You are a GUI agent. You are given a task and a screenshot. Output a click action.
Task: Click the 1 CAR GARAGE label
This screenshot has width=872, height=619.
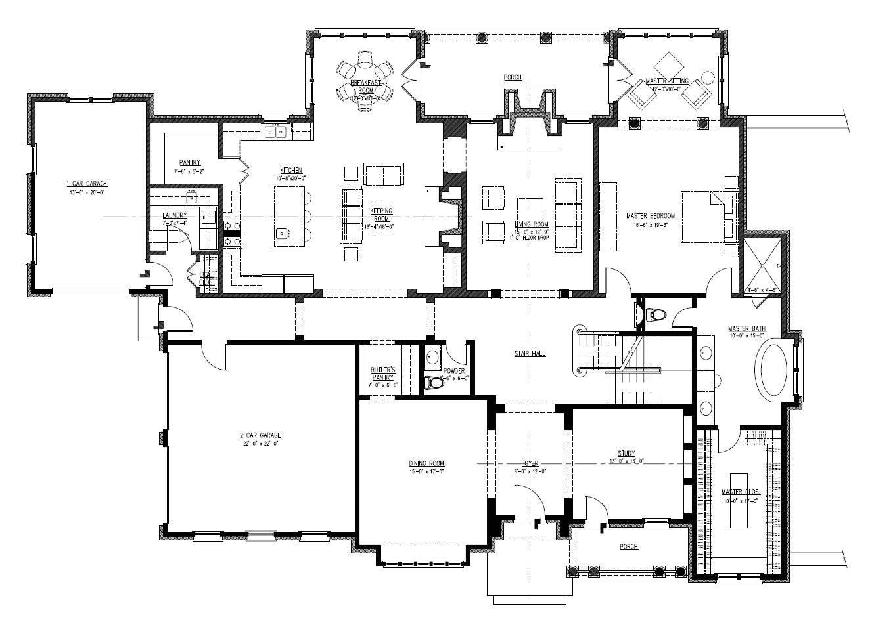pos(86,183)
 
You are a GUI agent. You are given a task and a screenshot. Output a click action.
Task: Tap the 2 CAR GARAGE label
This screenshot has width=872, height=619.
pos(260,435)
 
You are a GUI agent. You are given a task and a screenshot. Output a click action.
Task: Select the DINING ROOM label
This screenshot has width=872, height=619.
pos(426,463)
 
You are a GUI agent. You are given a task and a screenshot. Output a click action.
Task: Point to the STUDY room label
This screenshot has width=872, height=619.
pos(626,454)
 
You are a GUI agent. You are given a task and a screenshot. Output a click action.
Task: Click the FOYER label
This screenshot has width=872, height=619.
pos(530,463)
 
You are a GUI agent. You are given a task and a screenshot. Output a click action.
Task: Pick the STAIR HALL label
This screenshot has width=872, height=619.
pos(530,354)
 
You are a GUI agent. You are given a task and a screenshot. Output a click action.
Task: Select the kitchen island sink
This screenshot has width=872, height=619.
pos(281,232)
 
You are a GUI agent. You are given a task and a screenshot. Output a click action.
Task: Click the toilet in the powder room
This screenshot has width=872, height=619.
pos(434,382)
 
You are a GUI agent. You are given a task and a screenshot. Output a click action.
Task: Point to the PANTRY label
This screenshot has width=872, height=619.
pos(189,163)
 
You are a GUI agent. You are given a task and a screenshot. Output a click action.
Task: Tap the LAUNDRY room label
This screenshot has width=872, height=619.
pos(175,215)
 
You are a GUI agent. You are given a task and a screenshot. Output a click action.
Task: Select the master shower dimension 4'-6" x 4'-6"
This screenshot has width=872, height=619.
pos(762,289)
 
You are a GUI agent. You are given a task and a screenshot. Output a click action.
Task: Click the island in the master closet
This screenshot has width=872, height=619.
pos(740,499)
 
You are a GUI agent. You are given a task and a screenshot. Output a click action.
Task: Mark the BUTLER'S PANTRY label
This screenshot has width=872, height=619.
pos(382,374)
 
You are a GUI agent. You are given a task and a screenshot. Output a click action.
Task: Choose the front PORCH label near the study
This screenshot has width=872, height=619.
pos(628,547)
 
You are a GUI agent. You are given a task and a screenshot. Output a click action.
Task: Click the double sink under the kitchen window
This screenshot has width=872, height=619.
pos(275,132)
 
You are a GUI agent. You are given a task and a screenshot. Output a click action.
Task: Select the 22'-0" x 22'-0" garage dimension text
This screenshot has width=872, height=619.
pos(260,444)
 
